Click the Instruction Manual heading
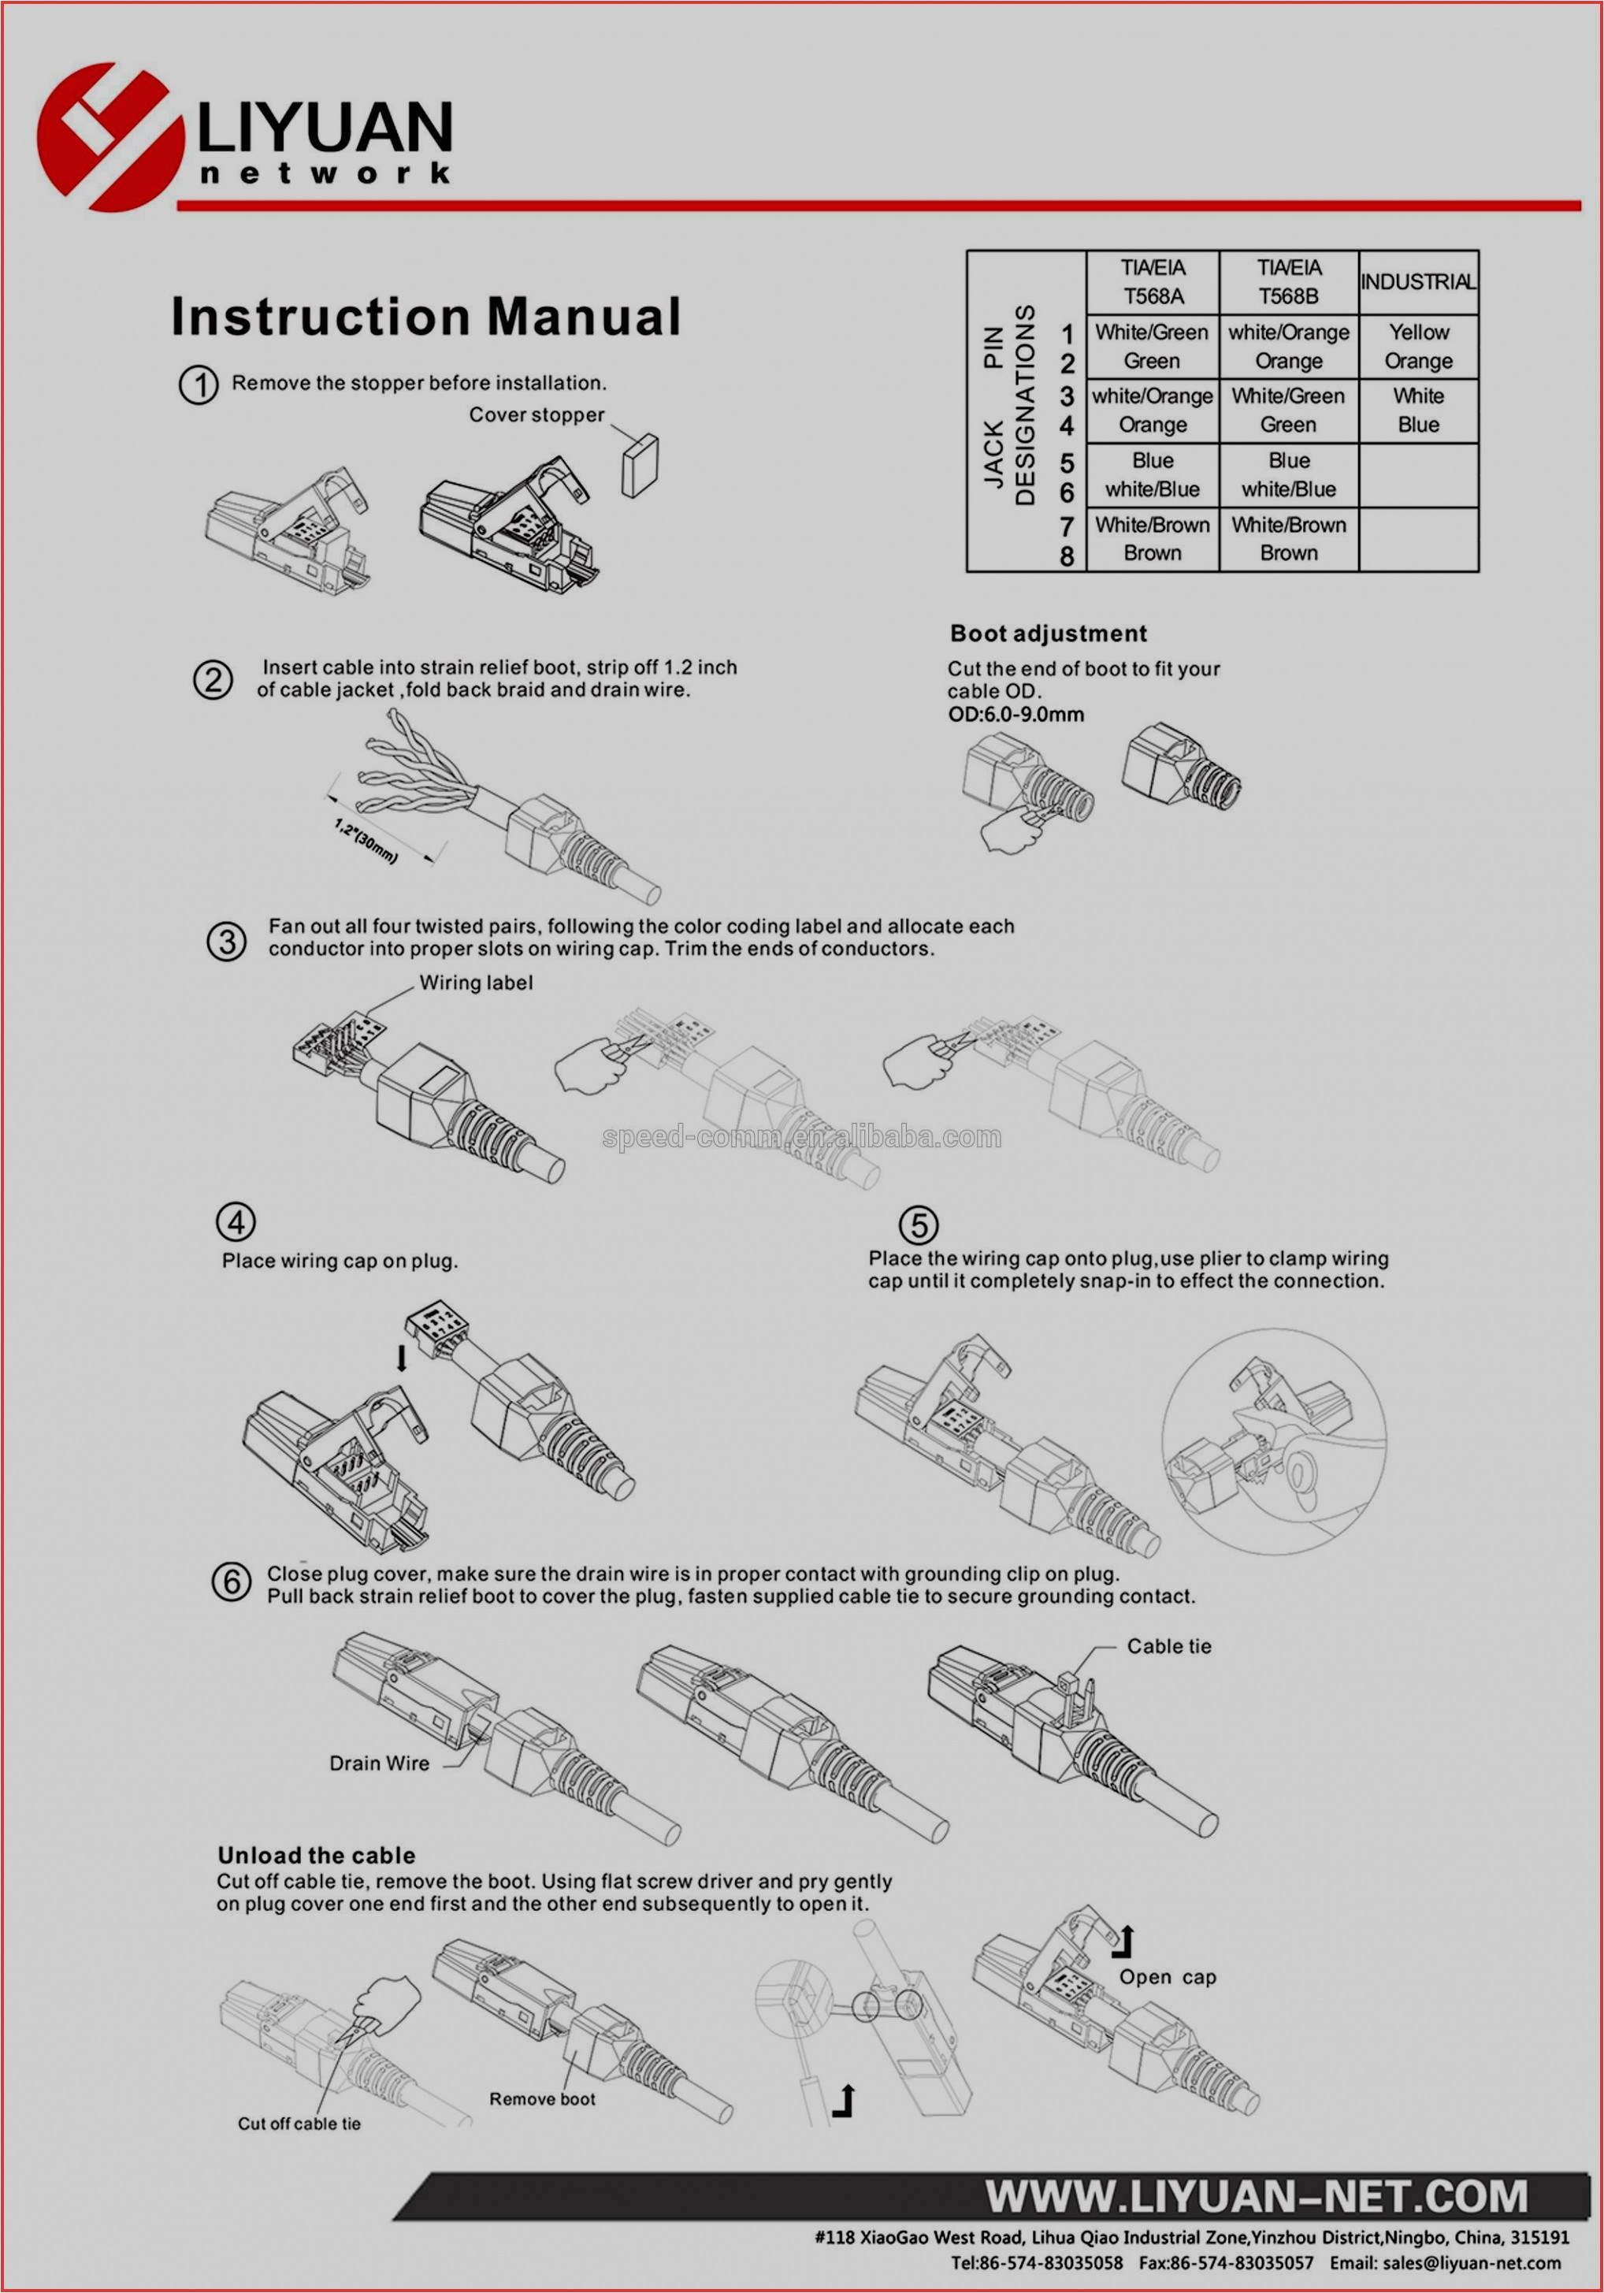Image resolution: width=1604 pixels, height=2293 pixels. (426, 317)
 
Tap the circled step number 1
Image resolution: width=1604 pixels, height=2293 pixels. (199, 385)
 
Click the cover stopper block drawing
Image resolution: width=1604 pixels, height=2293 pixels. (639, 466)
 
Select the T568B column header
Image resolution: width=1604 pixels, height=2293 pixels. (1288, 281)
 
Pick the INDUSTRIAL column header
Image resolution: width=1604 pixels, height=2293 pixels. (1417, 281)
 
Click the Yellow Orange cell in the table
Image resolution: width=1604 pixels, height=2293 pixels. (1418, 347)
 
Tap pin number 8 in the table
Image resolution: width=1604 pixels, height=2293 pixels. (1067, 556)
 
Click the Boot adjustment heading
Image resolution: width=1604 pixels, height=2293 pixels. (1048, 634)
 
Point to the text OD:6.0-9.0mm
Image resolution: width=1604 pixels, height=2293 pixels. (1015, 714)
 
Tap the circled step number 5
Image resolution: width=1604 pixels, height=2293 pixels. (918, 1225)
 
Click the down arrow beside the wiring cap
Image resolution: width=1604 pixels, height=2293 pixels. (402, 1357)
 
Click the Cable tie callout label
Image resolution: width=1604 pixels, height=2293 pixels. (1168, 1646)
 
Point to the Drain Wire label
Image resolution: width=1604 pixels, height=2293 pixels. (380, 1763)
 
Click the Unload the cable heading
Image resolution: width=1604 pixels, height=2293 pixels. (317, 1856)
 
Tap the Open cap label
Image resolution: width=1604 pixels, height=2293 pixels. (1168, 1976)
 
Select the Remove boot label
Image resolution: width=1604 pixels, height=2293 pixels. (542, 2098)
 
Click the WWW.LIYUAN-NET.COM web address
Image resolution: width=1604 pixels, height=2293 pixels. (1257, 2196)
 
